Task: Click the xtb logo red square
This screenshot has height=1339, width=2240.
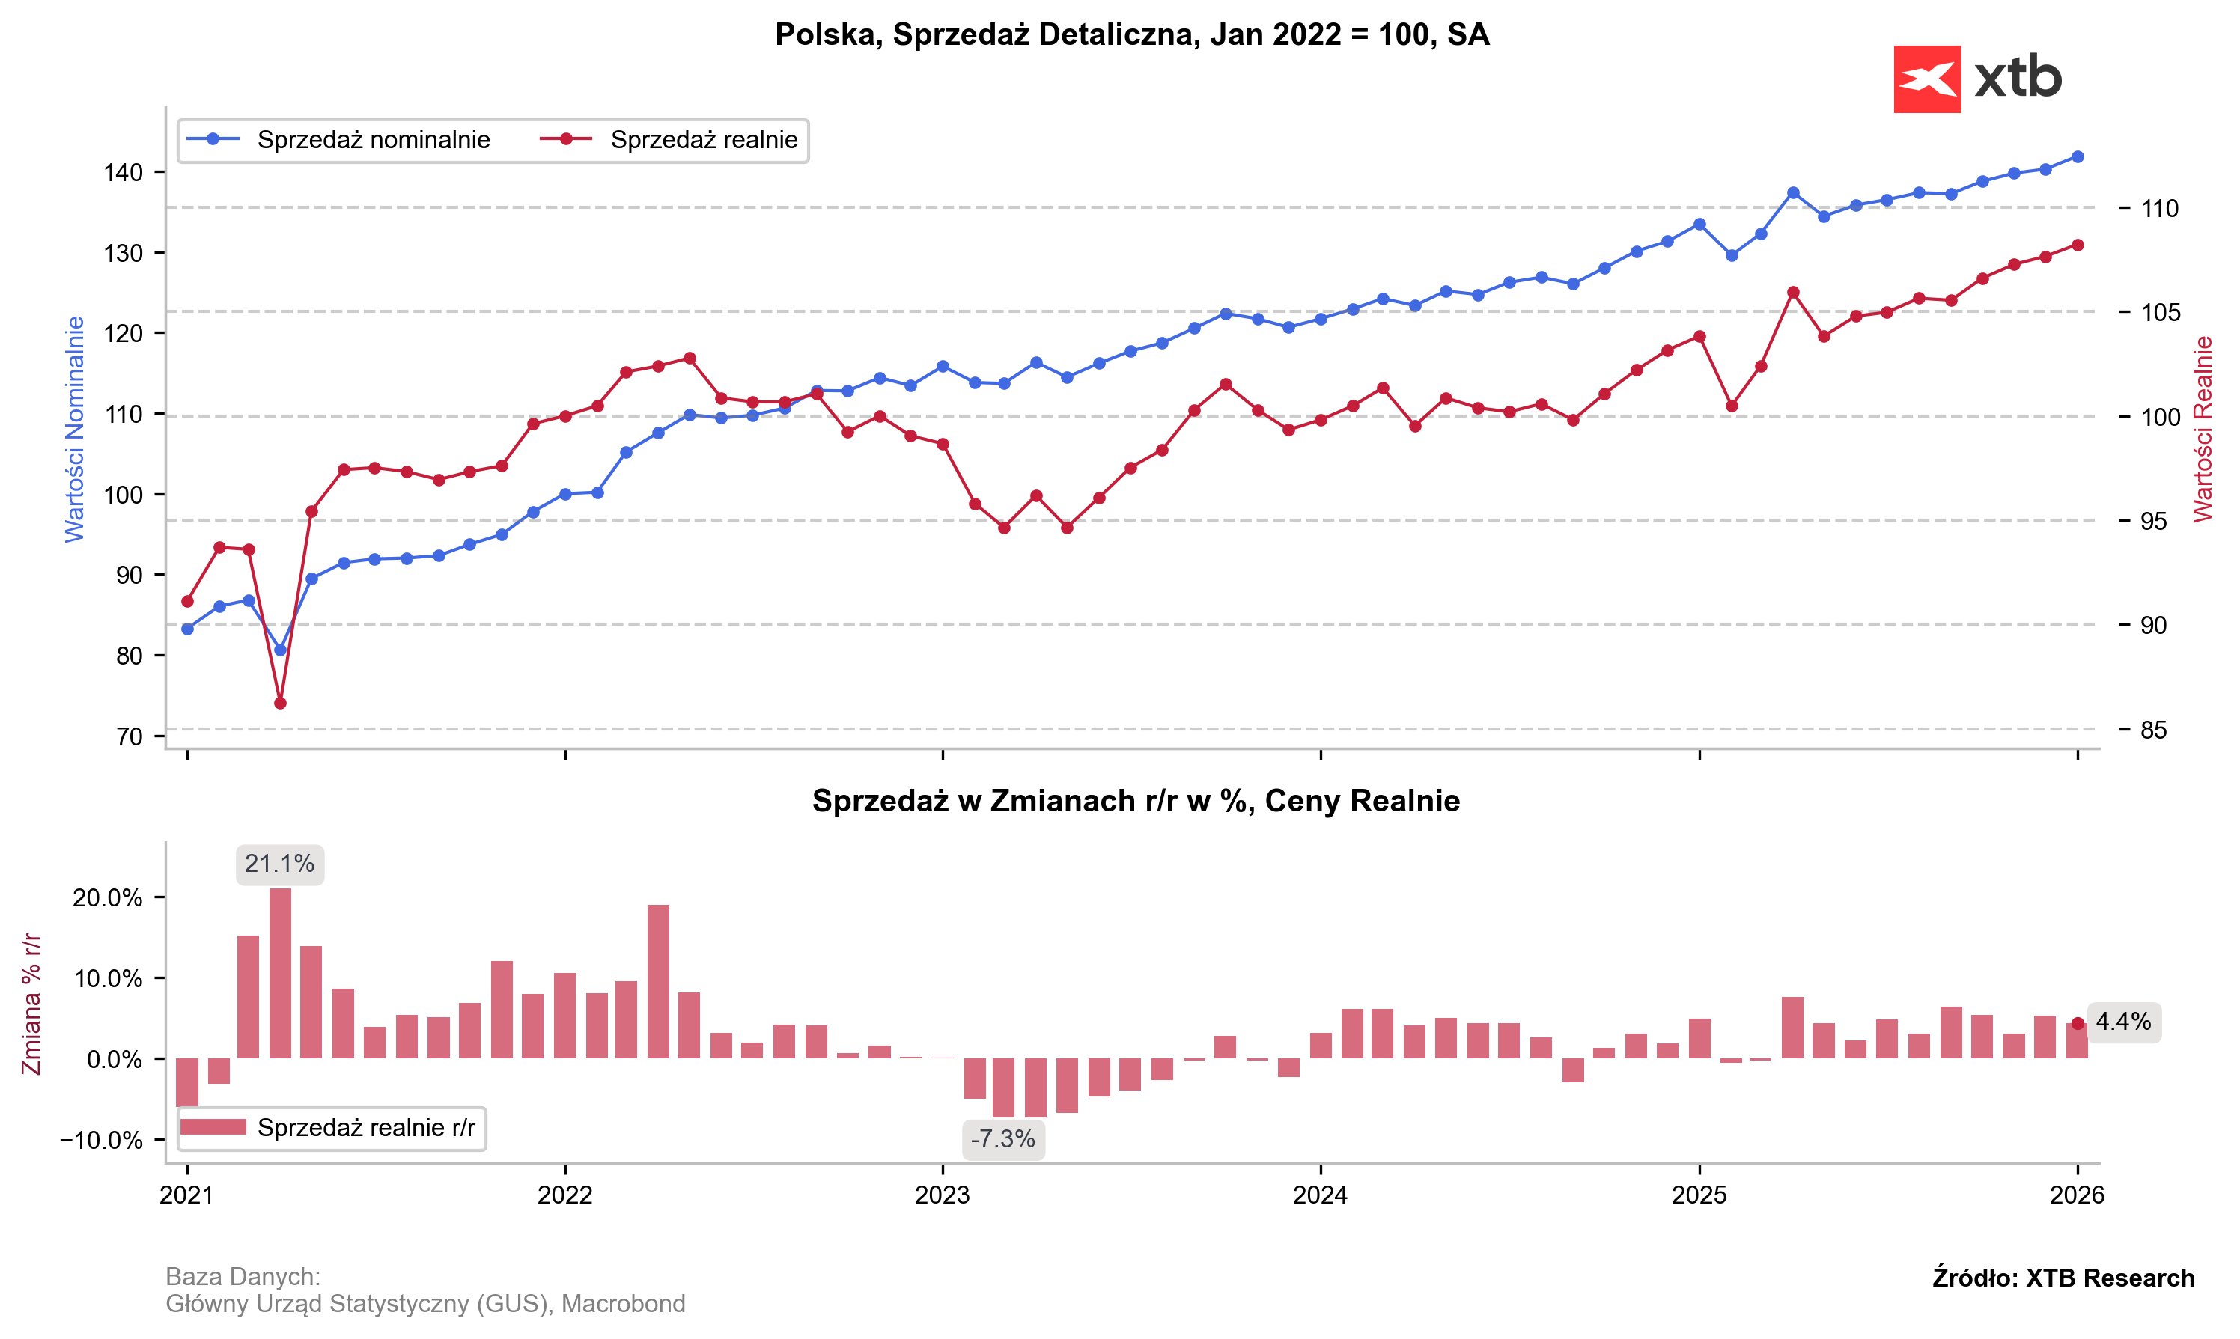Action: point(1927,79)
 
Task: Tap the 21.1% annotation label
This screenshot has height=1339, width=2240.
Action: point(280,864)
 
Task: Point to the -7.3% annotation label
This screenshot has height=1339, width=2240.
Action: point(1002,1140)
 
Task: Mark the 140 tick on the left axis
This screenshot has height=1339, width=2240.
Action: point(124,172)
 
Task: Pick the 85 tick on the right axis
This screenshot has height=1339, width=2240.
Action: point(2153,730)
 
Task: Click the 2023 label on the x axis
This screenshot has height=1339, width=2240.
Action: point(943,1195)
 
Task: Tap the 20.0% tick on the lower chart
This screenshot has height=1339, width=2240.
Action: point(109,897)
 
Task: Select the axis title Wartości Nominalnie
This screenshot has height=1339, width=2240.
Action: point(74,429)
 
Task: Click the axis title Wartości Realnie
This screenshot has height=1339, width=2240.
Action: point(2203,429)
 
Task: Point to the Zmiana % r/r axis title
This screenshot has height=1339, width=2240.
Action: point(31,1004)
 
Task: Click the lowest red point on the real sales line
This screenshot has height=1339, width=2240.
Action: point(280,703)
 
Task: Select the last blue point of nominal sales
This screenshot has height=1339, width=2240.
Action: point(2078,156)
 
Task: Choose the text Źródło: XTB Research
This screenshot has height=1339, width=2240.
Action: point(2063,1278)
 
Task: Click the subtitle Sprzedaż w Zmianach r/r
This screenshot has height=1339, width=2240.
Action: point(1135,802)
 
